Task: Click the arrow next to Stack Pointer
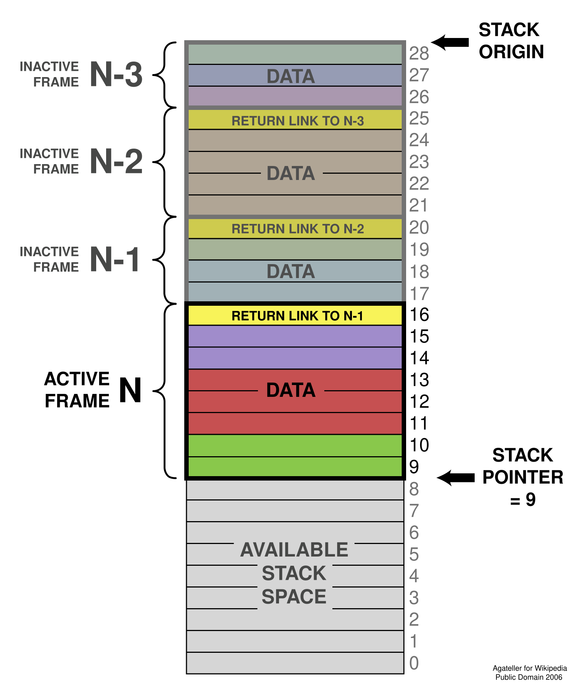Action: (x=456, y=478)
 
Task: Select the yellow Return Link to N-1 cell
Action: (x=295, y=316)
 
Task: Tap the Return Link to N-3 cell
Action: (x=295, y=121)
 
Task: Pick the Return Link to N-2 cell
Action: (x=295, y=229)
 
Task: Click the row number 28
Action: (x=419, y=54)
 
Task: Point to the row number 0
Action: (x=414, y=663)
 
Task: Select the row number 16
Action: (x=419, y=315)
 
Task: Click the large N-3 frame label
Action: (x=116, y=75)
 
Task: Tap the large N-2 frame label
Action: (x=116, y=162)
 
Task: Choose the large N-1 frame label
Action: (x=115, y=260)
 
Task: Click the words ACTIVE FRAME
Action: (x=77, y=390)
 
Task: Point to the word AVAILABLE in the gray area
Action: (x=294, y=550)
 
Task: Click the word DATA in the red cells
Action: (x=291, y=390)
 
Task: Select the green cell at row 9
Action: (x=295, y=467)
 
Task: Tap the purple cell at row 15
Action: (x=295, y=336)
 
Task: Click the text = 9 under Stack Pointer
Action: (x=523, y=500)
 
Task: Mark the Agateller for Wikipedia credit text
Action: (x=530, y=668)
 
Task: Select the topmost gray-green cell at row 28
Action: (x=295, y=54)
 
